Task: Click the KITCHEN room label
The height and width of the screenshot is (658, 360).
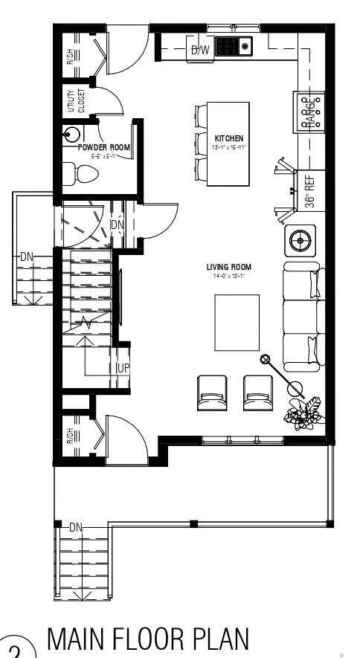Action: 229,139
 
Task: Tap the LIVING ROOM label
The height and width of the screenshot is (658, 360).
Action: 229,267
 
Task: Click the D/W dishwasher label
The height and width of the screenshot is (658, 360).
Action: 200,51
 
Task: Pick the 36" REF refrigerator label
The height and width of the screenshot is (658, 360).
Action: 311,190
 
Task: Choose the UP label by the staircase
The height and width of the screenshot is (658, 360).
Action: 123,369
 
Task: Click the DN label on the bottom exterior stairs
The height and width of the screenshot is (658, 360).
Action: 75,526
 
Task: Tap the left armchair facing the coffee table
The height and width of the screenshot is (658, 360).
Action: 210,393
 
